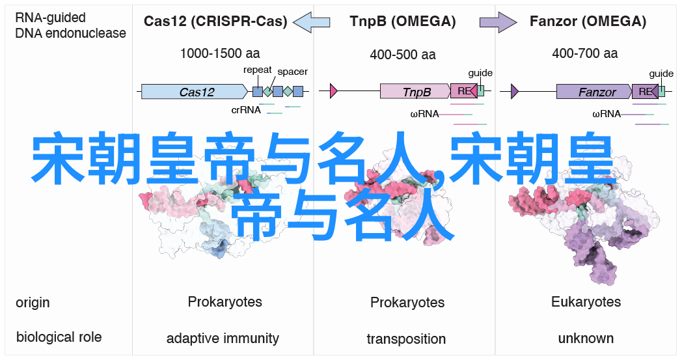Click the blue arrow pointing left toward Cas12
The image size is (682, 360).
point(312,21)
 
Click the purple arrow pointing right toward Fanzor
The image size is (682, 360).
point(498,21)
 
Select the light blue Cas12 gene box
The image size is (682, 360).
point(195,91)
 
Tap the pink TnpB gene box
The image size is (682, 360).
point(415,91)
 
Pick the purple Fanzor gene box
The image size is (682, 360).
point(594,91)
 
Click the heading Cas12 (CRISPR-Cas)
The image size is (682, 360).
point(215,21)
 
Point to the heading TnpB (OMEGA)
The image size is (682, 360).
point(403,21)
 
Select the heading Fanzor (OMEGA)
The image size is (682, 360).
point(588,21)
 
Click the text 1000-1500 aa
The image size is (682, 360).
point(220,53)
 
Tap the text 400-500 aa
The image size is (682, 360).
point(403,55)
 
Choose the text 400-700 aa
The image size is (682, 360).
point(584,53)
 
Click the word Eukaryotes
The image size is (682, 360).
point(586,301)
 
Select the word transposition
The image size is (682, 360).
point(406,339)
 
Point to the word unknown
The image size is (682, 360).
point(586,339)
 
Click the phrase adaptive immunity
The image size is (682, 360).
point(223,339)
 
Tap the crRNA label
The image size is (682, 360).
point(246,110)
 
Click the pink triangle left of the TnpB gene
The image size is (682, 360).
point(334,91)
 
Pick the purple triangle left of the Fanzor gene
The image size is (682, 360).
point(515,91)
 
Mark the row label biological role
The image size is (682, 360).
point(59,337)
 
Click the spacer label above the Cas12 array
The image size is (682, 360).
point(292,72)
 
